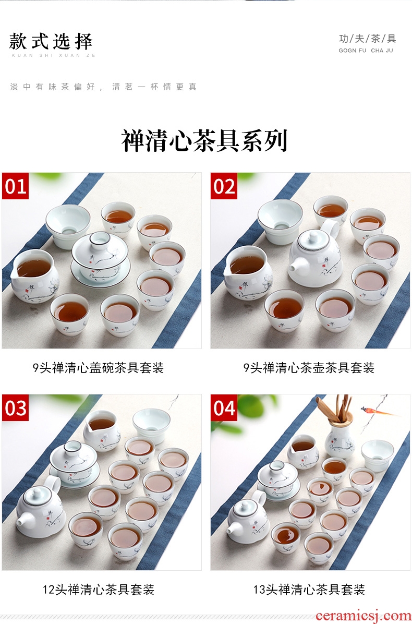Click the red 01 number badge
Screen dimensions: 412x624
pyautogui.click(x=15, y=186)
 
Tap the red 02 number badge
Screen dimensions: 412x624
pyautogui.click(x=224, y=186)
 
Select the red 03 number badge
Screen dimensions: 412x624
pyautogui.click(x=15, y=407)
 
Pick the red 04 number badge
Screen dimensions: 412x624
pyautogui.click(x=224, y=407)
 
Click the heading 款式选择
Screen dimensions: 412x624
pyautogui.click(x=51, y=42)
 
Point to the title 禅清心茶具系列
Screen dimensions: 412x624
pyautogui.click(x=204, y=140)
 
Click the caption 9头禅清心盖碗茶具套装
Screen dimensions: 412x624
pyautogui.click(x=98, y=368)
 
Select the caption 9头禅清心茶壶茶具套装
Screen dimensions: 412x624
pyautogui.click(x=309, y=368)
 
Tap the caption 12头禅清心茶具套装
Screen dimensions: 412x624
pyautogui.click(x=99, y=589)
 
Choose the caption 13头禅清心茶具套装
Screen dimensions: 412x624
pyautogui.click(x=309, y=589)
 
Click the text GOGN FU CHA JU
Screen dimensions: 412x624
pyautogui.click(x=366, y=51)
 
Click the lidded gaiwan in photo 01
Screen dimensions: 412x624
pyautogui.click(x=100, y=259)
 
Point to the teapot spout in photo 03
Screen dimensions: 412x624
pyautogui.click(x=23, y=519)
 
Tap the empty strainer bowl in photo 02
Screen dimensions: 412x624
pyautogui.click(x=280, y=221)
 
